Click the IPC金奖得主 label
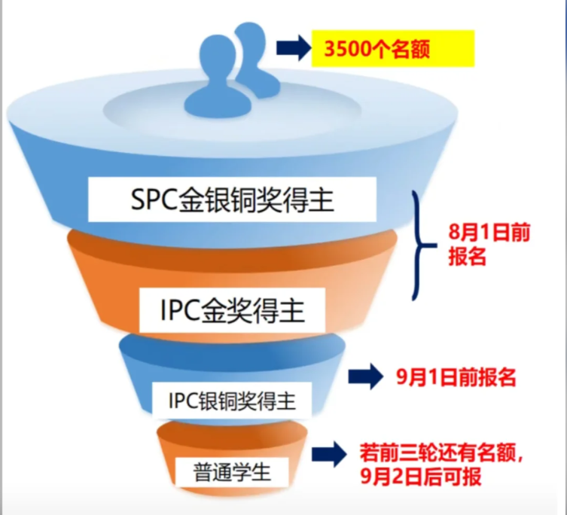(233, 309)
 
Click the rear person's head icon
(249, 37)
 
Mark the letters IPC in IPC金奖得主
(178, 309)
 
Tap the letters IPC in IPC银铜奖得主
(182, 399)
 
